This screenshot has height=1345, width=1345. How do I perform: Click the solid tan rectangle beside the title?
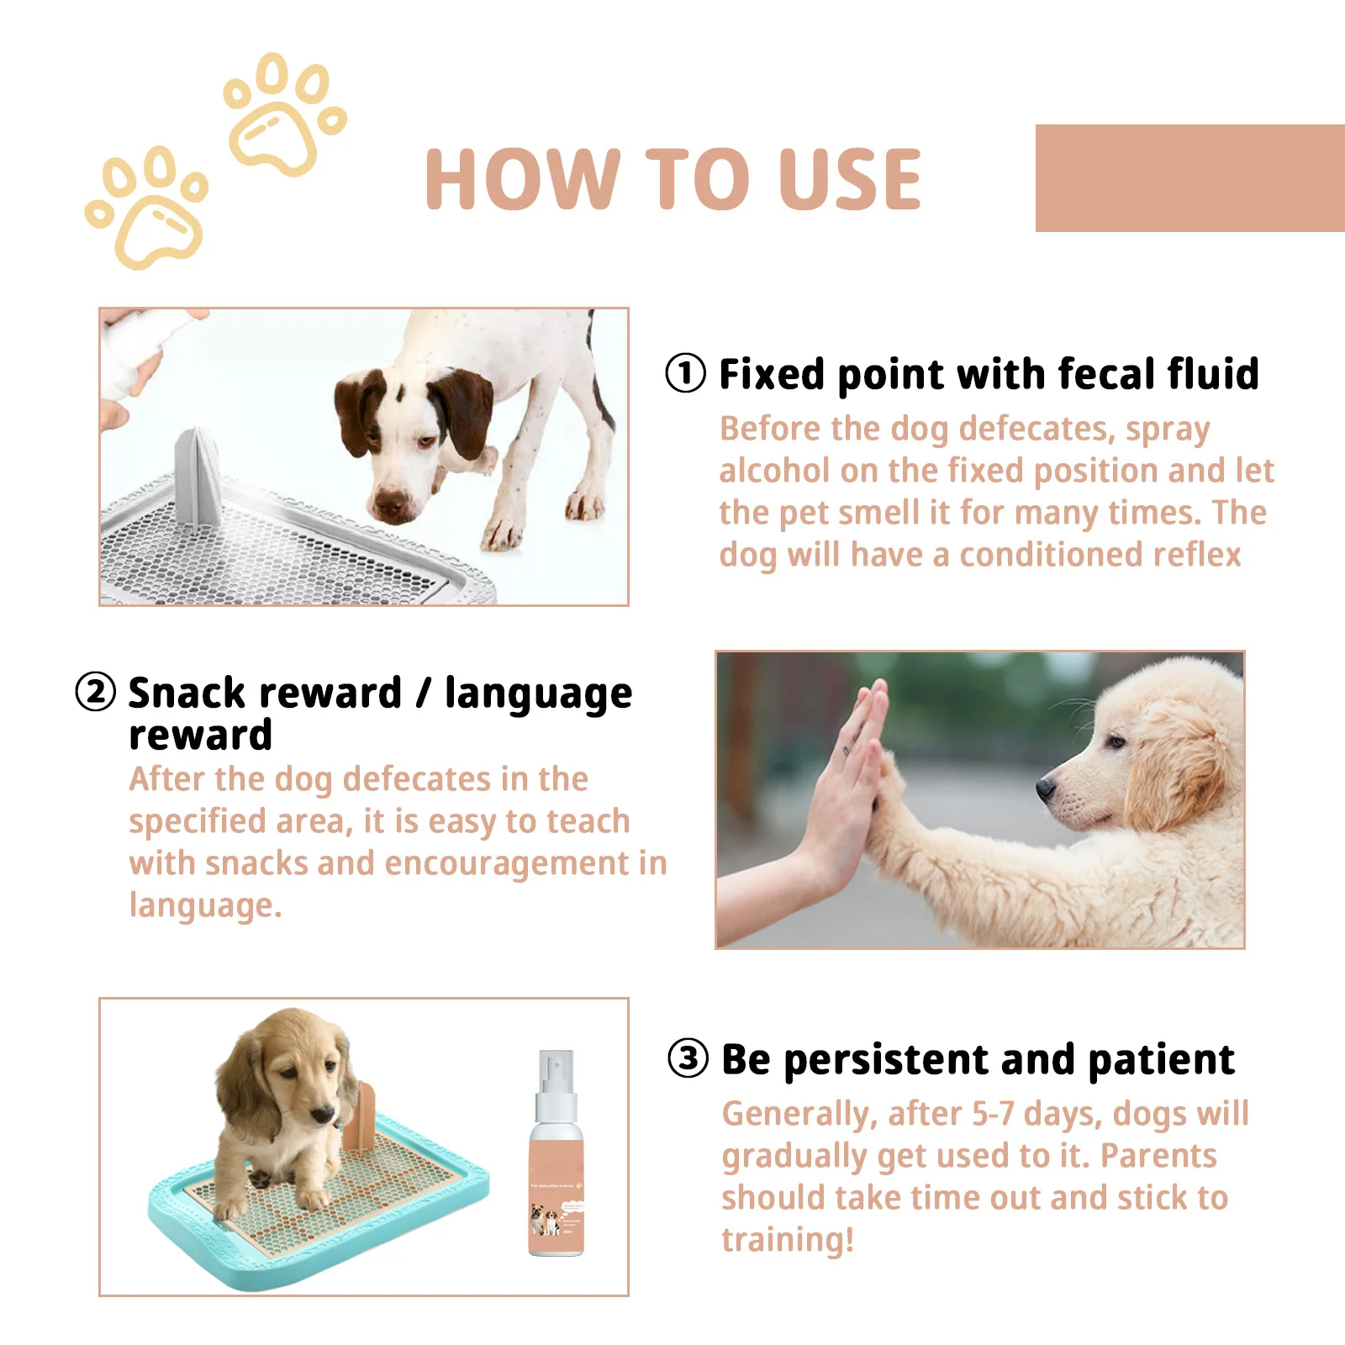point(1189,178)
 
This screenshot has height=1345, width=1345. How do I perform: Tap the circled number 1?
point(685,373)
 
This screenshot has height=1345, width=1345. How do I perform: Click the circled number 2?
point(95,693)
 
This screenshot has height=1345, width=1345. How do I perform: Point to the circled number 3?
point(688,1058)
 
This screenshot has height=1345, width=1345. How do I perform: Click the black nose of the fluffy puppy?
point(1045,788)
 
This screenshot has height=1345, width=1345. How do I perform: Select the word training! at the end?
point(787,1240)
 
